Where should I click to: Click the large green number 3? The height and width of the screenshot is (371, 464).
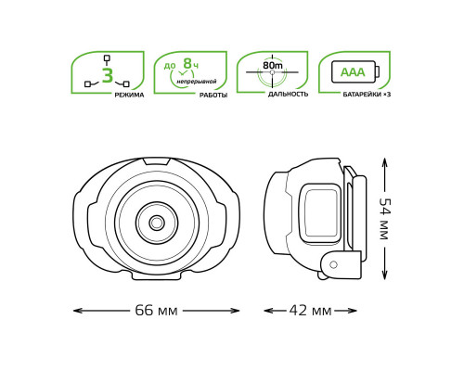[108, 75]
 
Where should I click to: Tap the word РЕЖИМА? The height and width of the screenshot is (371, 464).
[129, 95]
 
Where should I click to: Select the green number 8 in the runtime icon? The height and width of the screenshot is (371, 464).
[187, 63]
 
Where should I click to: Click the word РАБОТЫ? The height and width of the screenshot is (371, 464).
[213, 96]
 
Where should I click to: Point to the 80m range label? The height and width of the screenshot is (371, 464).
[273, 65]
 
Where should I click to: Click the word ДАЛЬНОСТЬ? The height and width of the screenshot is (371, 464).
[288, 95]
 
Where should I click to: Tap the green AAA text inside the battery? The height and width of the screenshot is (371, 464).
[353, 72]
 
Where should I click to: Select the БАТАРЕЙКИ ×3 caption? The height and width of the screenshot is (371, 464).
[367, 95]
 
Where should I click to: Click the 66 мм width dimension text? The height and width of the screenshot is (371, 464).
[156, 311]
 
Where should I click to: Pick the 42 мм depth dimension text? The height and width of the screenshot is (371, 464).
[310, 311]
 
